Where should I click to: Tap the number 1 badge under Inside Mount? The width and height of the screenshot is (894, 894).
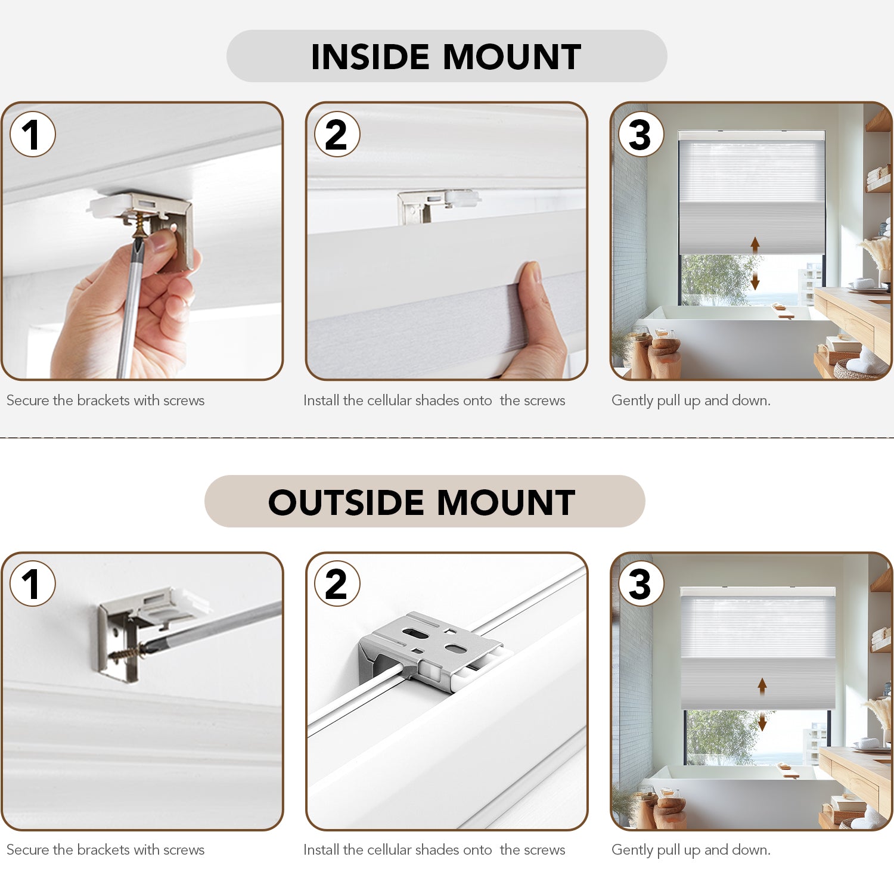[x=33, y=134]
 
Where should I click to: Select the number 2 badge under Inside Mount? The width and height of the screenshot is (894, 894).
[x=337, y=134]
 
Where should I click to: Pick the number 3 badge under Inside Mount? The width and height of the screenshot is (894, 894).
[x=641, y=134]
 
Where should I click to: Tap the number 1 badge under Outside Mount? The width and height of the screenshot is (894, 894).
[x=33, y=583]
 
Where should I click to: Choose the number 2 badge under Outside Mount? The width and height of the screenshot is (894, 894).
[x=337, y=583]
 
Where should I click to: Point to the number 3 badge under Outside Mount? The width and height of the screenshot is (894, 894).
[x=641, y=583]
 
